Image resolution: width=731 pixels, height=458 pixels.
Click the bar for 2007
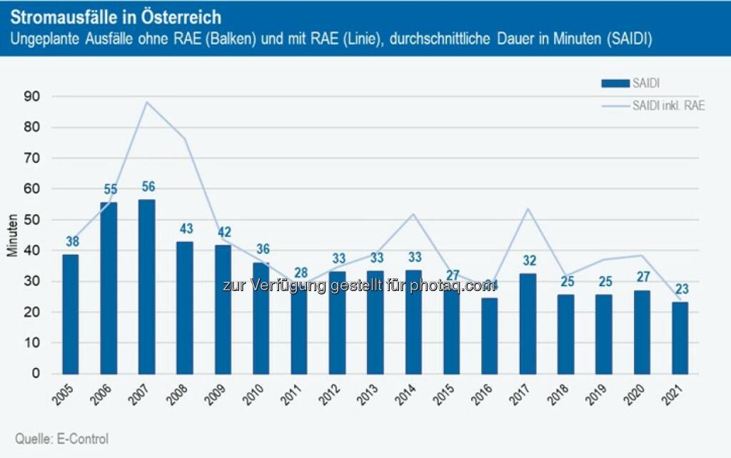(x=147, y=286)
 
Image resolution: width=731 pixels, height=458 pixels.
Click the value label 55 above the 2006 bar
(x=109, y=190)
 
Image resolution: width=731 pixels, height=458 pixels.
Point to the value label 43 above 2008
(x=186, y=229)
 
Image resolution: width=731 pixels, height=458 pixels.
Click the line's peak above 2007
(x=147, y=102)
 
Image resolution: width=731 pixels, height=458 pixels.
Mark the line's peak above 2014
(x=413, y=214)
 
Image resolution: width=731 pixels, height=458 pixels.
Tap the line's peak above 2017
(x=528, y=208)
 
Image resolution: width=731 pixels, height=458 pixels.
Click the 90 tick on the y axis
(x=33, y=96)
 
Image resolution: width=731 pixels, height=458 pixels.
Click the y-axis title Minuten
(x=12, y=235)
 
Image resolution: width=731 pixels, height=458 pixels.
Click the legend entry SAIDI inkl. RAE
(x=668, y=106)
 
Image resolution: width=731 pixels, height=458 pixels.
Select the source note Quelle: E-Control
(x=62, y=439)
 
